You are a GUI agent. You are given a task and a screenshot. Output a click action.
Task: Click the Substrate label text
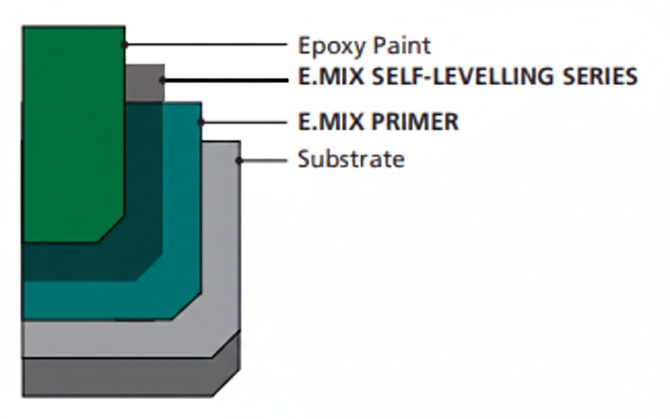(351, 159)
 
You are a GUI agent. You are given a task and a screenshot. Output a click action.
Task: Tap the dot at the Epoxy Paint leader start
(124, 45)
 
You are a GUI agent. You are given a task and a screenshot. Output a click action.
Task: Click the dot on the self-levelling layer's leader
(162, 80)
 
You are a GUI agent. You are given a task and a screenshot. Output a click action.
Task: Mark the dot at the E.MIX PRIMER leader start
(201, 122)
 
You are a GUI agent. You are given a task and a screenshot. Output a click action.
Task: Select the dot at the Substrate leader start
(239, 160)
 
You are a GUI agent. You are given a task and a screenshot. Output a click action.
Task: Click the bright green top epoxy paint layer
(72, 131)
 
